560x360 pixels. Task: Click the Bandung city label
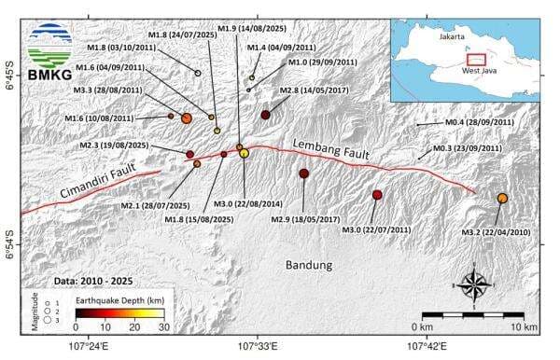pyautogui.click(x=309, y=266)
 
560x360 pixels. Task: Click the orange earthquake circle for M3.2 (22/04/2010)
pyautogui.click(x=502, y=199)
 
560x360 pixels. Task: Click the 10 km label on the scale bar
pyautogui.click(x=524, y=327)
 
